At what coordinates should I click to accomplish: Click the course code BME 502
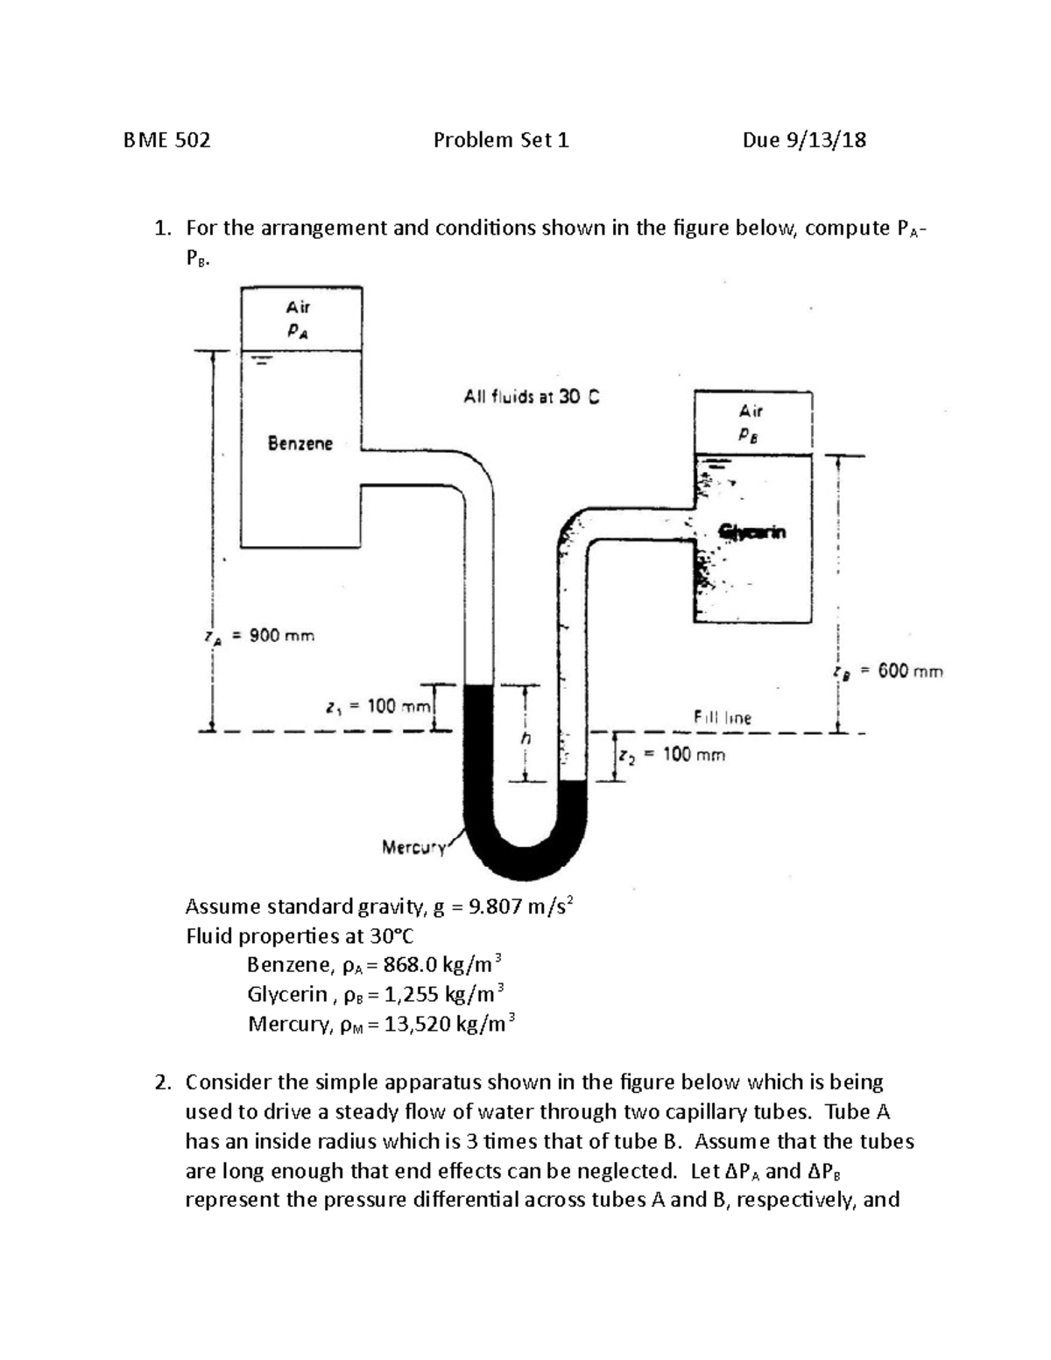point(167,140)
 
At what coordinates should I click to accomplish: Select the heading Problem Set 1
point(501,140)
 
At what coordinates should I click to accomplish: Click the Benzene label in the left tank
point(300,444)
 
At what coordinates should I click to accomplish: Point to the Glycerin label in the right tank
point(752,532)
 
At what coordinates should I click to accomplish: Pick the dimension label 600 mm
point(910,672)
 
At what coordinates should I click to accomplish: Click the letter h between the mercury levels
point(525,737)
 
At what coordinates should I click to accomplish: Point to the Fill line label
point(723,717)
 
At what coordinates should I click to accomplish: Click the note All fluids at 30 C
point(532,398)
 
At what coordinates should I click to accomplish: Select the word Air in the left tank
point(298,307)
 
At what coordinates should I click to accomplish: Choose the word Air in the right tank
point(751,410)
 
